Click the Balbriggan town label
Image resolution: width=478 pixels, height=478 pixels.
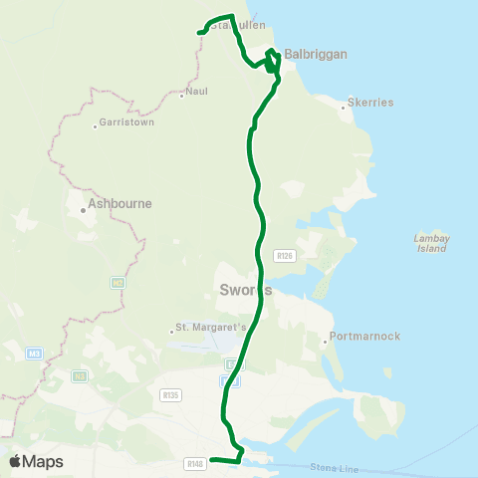pos(315,54)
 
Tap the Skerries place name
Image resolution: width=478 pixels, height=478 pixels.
pos(370,103)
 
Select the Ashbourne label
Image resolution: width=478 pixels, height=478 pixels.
pos(119,203)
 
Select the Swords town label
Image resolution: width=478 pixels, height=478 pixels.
pos(243,291)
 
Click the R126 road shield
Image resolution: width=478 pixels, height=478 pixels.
pos(286,256)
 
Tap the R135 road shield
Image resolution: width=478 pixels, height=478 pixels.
pos(168,394)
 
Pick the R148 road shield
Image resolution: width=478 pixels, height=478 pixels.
pos(194,463)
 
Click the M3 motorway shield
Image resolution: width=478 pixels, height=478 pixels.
pos(35,354)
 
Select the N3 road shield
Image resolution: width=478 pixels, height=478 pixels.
pos(80,375)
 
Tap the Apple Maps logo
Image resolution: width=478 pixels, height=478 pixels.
pos(36,461)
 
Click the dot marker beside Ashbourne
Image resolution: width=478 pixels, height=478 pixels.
pos(83,209)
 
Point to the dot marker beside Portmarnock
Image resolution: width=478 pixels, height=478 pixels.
pos(325,343)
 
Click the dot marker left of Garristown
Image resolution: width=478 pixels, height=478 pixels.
pos(95,125)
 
